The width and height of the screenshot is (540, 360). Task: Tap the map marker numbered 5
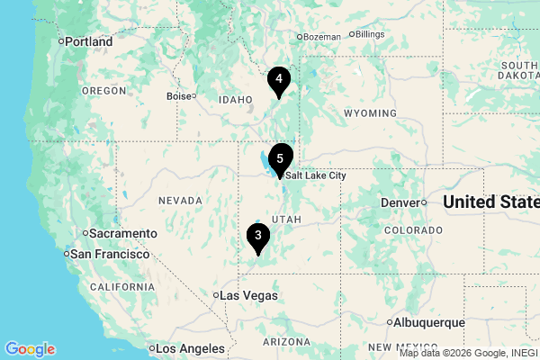pos(281,158)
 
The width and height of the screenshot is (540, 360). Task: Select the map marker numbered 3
pos(258,236)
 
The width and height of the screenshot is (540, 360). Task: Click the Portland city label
pos(88,41)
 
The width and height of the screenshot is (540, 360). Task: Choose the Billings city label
pos(370,34)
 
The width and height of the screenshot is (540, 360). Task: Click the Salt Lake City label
pos(317,175)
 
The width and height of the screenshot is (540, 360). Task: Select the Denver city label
pos(400,202)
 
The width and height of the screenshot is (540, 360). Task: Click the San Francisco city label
pos(109,255)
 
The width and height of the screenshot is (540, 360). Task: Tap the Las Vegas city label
pos(248,295)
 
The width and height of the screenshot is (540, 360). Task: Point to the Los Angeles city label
pos(189,348)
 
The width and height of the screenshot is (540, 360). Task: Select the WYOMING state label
pos(370,113)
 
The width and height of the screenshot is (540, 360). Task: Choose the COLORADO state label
pos(413,230)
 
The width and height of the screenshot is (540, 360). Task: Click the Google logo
pos(30,349)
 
